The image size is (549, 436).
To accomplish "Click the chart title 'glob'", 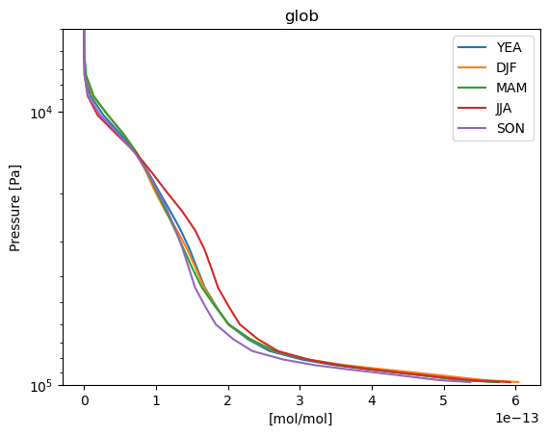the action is point(301,16).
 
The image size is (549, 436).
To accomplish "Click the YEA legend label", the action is point(509,47).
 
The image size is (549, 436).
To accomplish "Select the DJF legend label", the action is point(507,67).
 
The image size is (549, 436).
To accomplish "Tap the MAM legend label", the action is point(511,88).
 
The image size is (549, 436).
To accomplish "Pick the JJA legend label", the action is point(504,108).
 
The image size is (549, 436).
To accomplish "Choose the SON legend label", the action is point(510,128).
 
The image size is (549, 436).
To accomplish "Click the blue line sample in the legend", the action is point(472,47).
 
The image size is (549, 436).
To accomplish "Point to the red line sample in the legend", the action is point(472,108).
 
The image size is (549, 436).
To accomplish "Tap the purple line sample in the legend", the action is point(472,128).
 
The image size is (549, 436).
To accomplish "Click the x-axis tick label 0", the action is point(85,400).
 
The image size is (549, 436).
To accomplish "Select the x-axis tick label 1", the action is point(156,400).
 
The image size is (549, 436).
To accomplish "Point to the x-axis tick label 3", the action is point(301,400).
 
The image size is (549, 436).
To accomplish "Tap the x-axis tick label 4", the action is point(372,400).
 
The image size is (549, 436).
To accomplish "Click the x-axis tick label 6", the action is point(515,400).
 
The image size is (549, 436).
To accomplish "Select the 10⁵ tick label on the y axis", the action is point(41,386).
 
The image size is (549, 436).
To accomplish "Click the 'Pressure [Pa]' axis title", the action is point(15,208).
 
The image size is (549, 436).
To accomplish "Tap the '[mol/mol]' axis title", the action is point(301,419).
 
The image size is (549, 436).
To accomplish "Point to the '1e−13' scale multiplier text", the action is point(517,418).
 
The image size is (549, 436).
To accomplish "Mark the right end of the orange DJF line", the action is point(518,382).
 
